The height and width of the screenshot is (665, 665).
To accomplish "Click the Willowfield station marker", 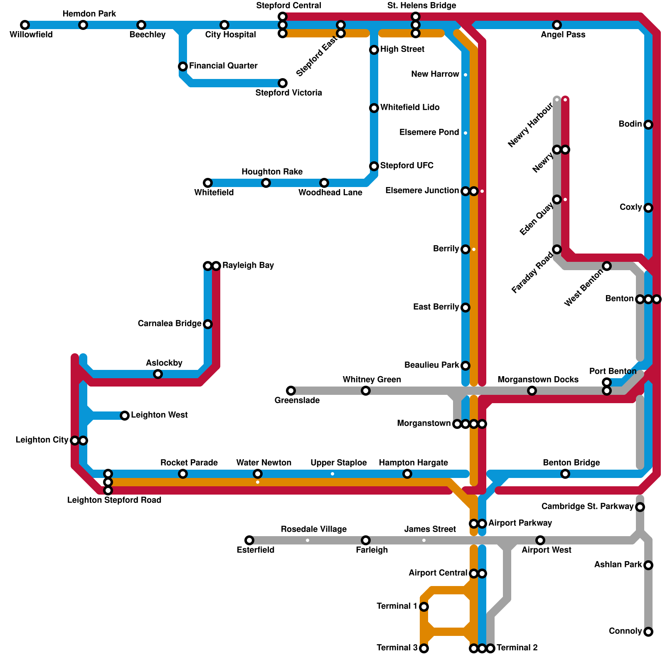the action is (x=25, y=25).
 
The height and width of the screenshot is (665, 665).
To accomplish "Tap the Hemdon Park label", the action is (x=89, y=14).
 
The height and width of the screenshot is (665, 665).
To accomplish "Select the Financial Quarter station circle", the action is (x=183, y=66).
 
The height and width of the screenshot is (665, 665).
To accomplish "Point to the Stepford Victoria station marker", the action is (x=283, y=83).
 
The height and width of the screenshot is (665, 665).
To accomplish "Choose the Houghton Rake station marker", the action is (x=266, y=183).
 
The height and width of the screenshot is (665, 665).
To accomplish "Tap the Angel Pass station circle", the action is (x=557, y=25).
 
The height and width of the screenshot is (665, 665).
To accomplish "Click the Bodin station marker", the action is (x=648, y=125).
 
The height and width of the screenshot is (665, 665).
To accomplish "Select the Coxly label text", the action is (x=631, y=207).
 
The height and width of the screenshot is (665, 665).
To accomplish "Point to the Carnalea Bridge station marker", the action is (x=208, y=324).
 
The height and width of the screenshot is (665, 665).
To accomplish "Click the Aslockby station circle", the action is (x=158, y=374).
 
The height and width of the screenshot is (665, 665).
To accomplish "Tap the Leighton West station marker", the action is (x=125, y=416).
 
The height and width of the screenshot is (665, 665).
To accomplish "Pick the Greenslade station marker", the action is (x=291, y=391).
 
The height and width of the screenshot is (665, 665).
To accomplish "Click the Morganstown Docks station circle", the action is (x=532, y=391).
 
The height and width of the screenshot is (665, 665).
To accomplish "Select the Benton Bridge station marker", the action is (x=565, y=474).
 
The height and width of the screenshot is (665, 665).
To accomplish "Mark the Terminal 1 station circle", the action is (x=424, y=607).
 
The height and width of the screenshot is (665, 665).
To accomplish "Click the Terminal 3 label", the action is (x=397, y=648).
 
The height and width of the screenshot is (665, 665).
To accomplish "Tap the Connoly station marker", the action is (x=648, y=632).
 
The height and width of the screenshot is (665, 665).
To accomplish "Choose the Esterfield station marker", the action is (x=249, y=540).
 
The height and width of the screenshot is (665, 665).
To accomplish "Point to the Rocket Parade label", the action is (x=189, y=463).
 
